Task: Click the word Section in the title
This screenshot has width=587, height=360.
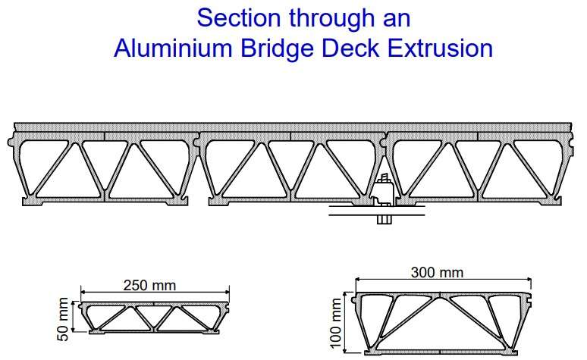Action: (x=238, y=17)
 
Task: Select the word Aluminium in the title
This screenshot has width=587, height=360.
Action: (x=173, y=49)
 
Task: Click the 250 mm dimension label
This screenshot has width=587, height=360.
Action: (x=149, y=286)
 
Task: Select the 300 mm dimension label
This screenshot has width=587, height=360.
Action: (x=437, y=272)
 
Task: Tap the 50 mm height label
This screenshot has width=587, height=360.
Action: (x=63, y=319)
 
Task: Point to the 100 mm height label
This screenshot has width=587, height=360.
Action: (x=336, y=323)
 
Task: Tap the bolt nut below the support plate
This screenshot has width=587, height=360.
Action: (x=384, y=220)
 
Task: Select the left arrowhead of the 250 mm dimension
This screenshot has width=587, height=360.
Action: (x=83, y=293)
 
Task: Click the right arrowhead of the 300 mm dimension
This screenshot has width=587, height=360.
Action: (x=529, y=279)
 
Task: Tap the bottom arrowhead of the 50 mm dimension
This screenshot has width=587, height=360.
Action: (x=74, y=329)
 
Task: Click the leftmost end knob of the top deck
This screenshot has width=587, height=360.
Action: (x=11, y=142)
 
